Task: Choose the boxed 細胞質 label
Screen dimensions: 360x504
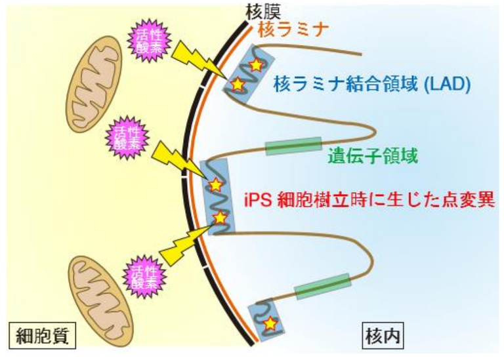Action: point(39,336)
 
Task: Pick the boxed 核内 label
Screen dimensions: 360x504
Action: point(383,336)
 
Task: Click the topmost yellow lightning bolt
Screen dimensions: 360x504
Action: point(196,59)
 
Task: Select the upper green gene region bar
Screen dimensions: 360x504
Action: point(293,146)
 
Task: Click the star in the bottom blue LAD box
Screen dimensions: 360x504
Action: point(268,323)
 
